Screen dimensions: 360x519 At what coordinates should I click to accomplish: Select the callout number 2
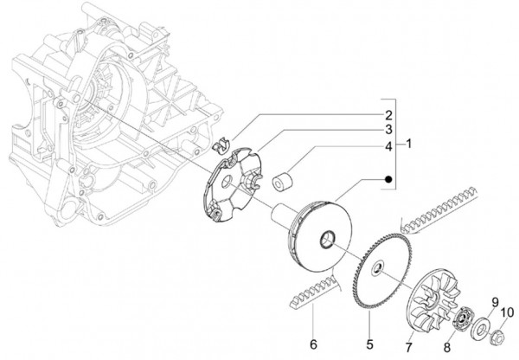point(389,114)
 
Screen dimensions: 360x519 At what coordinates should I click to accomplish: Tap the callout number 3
point(389,129)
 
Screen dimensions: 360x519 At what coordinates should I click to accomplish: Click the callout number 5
point(370,330)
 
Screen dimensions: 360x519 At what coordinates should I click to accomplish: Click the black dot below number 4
point(388,179)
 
